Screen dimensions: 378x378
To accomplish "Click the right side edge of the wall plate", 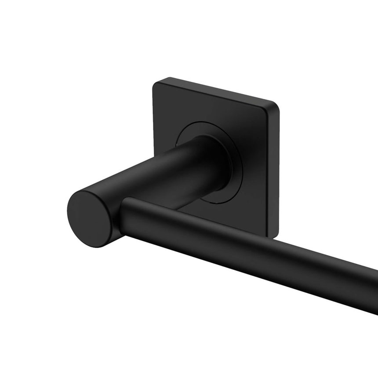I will (x=277, y=171).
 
